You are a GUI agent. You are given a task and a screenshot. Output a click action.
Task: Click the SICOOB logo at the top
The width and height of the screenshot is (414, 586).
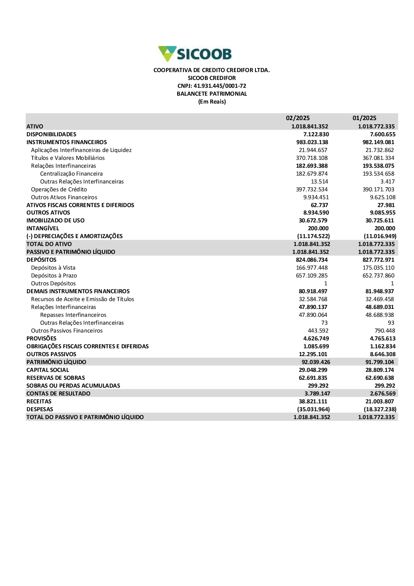pyautogui.click(x=195, y=54)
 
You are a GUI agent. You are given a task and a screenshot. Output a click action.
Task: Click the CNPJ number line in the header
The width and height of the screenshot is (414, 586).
pyautogui.click(x=212, y=86)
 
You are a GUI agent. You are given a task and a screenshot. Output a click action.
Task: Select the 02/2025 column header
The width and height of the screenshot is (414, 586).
pyautogui.click(x=298, y=118)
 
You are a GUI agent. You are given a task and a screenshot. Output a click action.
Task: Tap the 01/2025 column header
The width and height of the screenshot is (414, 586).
pyautogui.click(x=364, y=118)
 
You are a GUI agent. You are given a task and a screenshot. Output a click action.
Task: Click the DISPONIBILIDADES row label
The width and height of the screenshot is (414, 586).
pyautogui.click(x=51, y=134)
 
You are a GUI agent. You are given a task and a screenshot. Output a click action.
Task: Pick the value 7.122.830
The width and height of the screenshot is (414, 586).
pyautogui.click(x=316, y=134)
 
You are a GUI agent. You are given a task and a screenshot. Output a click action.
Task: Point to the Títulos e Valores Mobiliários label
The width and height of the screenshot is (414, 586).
pyautogui.click(x=68, y=158)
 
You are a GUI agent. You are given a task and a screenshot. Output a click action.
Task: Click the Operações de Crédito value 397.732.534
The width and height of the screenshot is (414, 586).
pyautogui.click(x=312, y=189)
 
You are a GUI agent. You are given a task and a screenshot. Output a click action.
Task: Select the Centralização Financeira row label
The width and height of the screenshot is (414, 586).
pyautogui.click(x=71, y=174)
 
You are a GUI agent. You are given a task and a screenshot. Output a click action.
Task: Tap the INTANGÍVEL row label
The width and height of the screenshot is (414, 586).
pyautogui.click(x=43, y=228)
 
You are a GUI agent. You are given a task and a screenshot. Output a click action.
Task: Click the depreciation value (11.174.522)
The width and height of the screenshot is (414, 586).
pyautogui.click(x=313, y=236)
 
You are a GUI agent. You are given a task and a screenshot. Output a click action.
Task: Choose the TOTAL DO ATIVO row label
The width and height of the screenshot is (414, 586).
pyautogui.click(x=49, y=244)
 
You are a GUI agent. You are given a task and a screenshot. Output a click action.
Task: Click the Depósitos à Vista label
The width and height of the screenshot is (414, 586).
pyautogui.click(x=53, y=268)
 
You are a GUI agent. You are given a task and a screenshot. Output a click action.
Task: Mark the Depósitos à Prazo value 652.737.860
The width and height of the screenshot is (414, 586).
pyautogui.click(x=378, y=275)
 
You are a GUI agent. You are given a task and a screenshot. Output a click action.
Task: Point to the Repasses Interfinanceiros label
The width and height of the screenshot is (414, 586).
pyautogui.click(x=73, y=315)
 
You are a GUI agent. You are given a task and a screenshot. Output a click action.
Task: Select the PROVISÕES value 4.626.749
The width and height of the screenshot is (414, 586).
pyautogui.click(x=316, y=338)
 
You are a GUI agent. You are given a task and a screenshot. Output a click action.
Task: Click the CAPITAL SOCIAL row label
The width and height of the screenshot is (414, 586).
pyautogui.click(x=48, y=370)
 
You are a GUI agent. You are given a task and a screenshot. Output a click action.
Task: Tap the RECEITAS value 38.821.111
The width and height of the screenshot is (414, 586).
pyautogui.click(x=313, y=401)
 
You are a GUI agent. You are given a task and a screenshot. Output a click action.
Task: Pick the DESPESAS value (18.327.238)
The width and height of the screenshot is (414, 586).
pyautogui.click(x=380, y=409)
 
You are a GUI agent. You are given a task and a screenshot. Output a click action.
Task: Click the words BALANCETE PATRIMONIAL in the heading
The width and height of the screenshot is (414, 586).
pyautogui.click(x=212, y=94)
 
